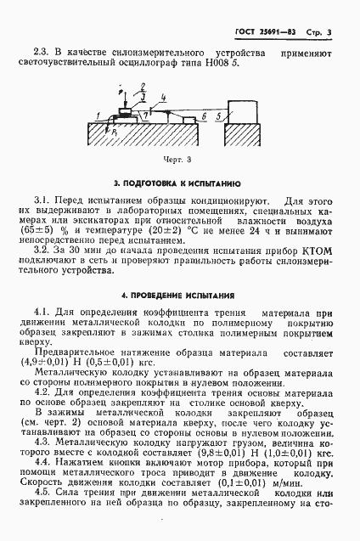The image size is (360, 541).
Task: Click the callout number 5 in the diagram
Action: point(219,112)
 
